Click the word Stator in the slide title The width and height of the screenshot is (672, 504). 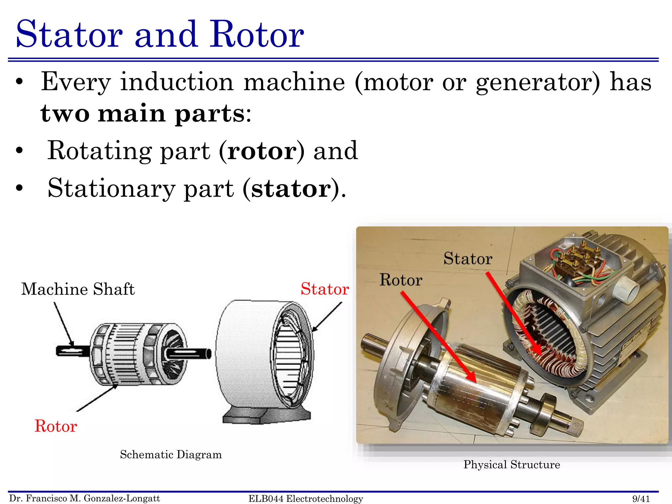coord(69,34)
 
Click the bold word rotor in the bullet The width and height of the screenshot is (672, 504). coord(262,151)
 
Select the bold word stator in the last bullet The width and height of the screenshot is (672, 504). coord(291,189)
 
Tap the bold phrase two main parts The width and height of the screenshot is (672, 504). coord(142,114)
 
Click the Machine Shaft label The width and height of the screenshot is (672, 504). coord(78,289)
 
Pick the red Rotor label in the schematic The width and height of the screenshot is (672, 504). coord(56,426)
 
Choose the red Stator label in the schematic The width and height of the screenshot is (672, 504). coord(325,289)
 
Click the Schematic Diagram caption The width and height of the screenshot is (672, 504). coord(171,455)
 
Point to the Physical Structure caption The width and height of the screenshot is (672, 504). coord(512,465)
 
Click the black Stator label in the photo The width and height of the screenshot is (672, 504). coord(468,259)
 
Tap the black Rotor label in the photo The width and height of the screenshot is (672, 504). coord(401,280)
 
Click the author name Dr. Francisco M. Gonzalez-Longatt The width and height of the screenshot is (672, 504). coord(85,498)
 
